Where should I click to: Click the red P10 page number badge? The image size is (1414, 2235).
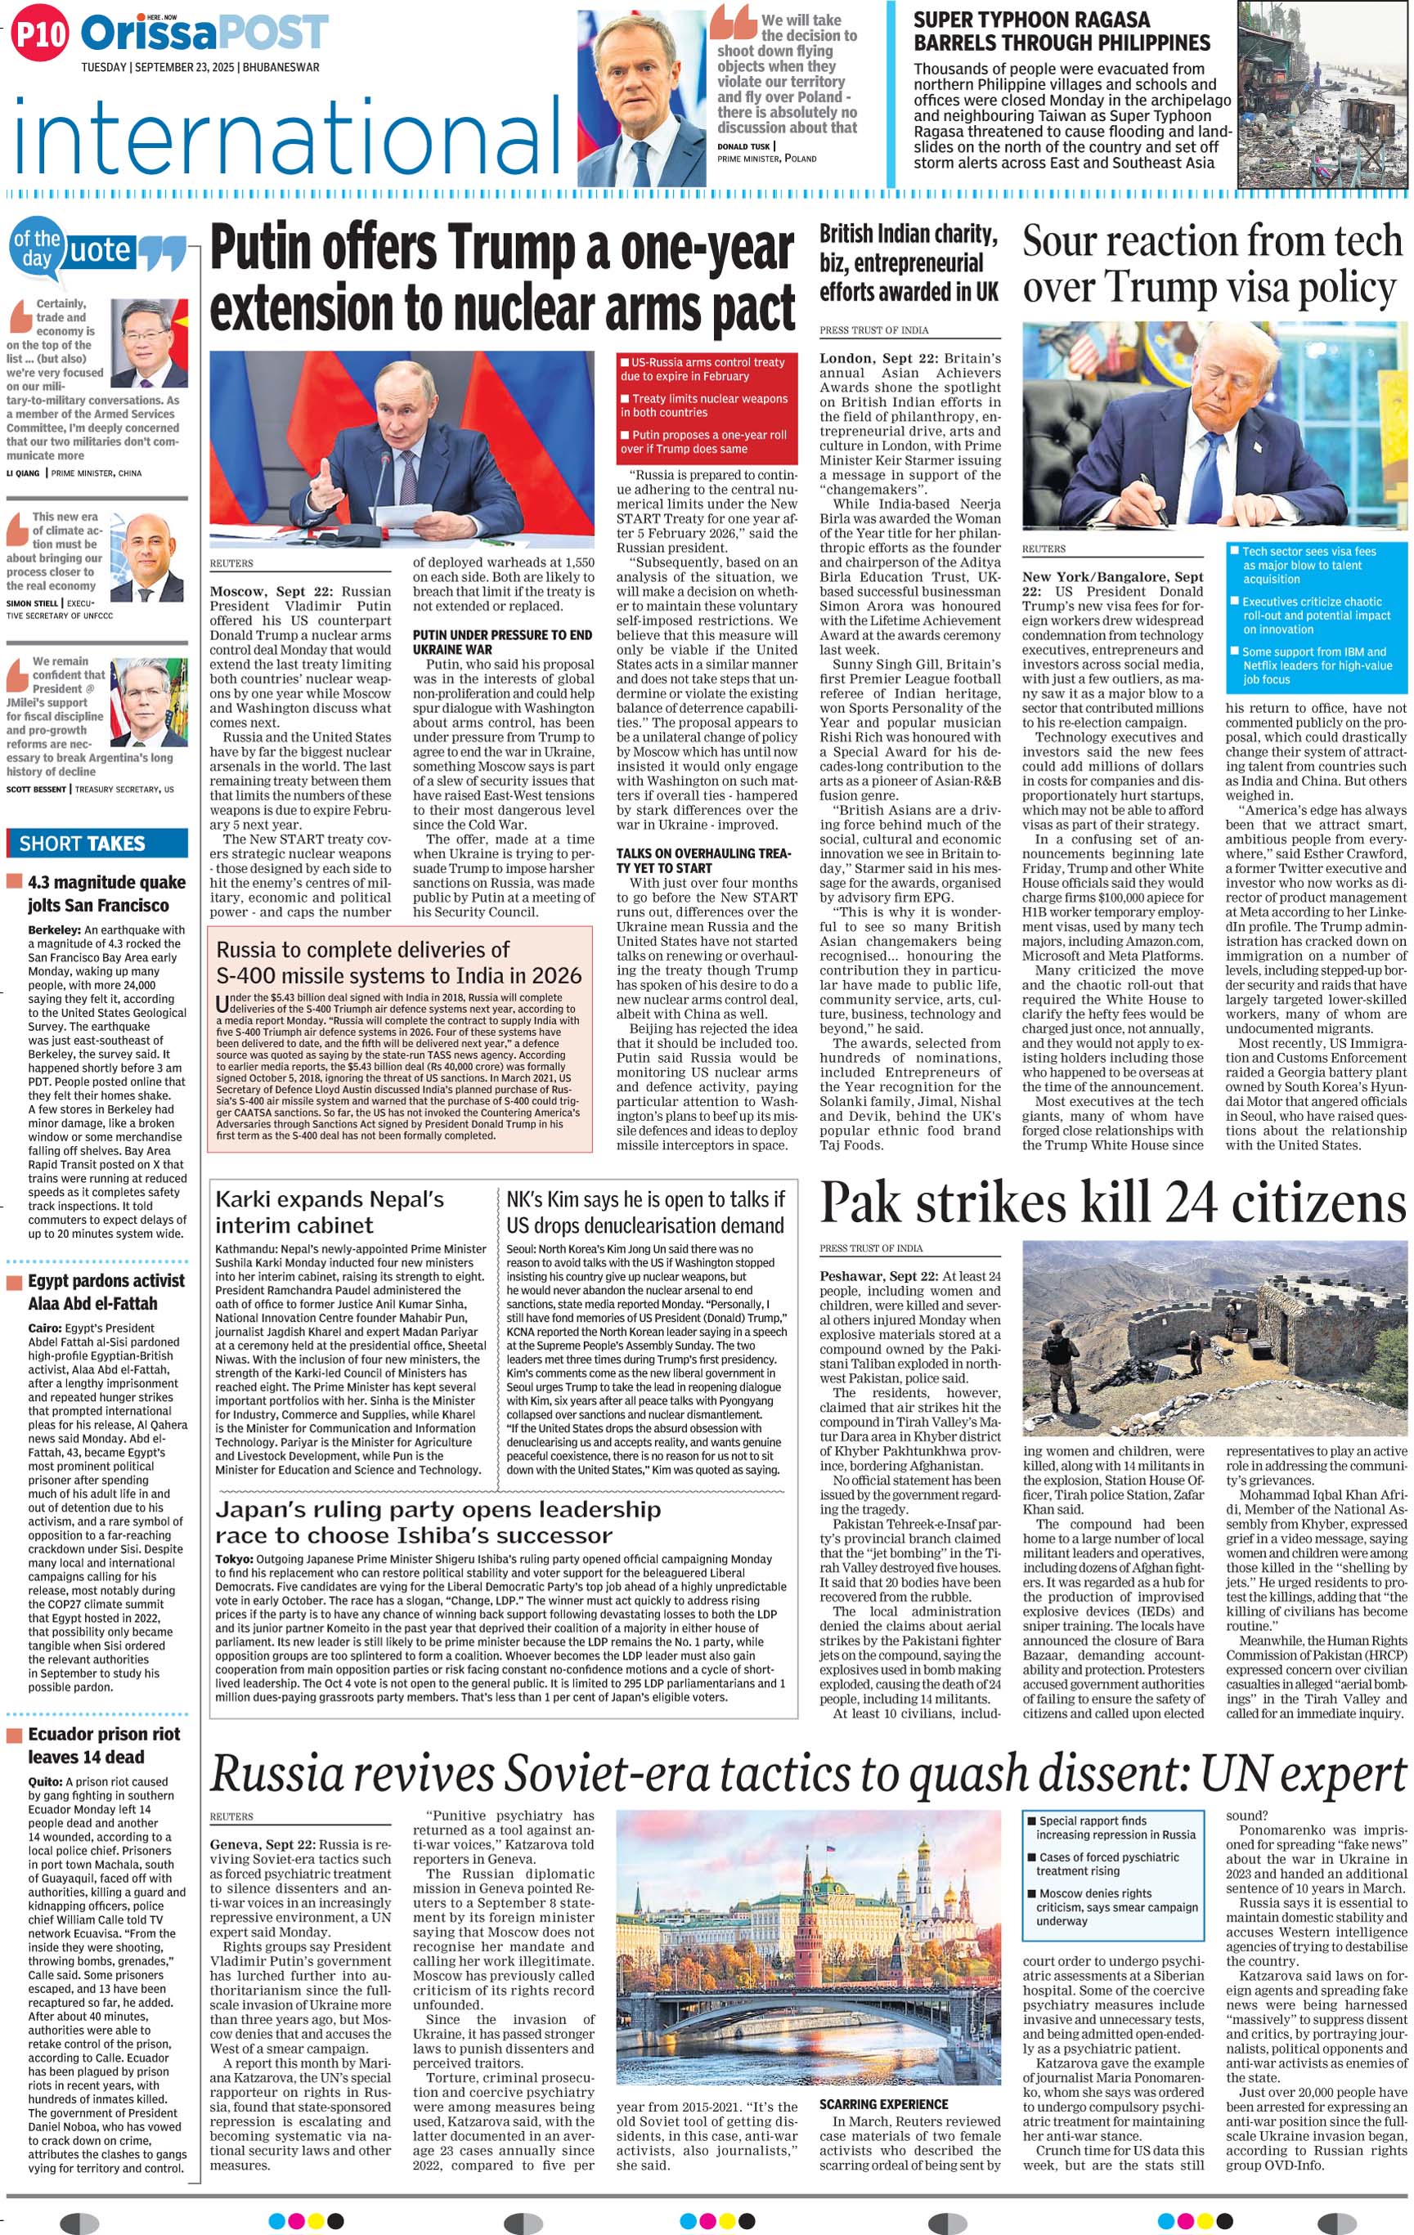click(x=39, y=35)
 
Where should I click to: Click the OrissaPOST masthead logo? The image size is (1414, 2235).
click(x=204, y=34)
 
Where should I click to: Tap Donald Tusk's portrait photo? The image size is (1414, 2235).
click(x=641, y=97)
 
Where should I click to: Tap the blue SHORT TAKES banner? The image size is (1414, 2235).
click(x=97, y=843)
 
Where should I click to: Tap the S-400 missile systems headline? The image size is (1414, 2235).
click(x=398, y=962)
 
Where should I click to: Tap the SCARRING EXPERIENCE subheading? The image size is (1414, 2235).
click(x=883, y=2104)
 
